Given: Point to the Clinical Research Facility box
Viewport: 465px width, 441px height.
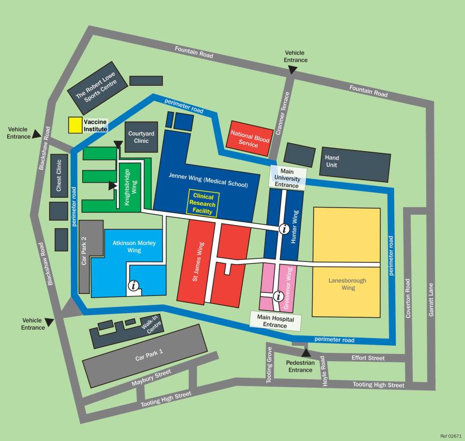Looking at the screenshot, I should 204,204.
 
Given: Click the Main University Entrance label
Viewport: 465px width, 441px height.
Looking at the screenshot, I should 287,178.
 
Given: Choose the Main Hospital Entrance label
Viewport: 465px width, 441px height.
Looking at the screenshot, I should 275,321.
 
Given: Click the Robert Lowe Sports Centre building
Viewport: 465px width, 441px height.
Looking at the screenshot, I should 98,87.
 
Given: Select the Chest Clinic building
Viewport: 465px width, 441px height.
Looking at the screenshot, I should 59,176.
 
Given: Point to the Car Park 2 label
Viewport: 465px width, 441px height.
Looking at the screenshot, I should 84,251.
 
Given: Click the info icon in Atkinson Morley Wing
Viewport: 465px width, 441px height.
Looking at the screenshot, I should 134,285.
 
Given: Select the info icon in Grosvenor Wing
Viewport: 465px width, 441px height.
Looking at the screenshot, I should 277,296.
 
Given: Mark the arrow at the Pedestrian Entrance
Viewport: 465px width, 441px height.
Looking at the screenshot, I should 305,354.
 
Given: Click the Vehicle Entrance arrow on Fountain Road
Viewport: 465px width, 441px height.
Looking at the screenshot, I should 292,69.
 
